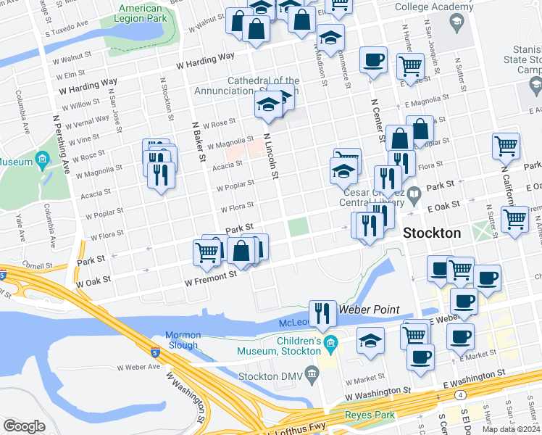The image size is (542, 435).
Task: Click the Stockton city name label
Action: coord(431,233)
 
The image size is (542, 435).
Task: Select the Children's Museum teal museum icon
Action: coord(331,342)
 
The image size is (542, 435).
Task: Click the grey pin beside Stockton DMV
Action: coord(312,374)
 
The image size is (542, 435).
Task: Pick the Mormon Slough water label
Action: coord(182,340)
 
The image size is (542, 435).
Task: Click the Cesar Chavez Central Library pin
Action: coord(413,193)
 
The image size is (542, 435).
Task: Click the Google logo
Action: coord(24,426)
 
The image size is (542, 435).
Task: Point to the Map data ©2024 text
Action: coord(512,429)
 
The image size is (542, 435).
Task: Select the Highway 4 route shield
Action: coord(461,395)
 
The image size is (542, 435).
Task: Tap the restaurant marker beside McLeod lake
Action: coord(322,312)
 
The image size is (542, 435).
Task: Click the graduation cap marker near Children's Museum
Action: coord(370,342)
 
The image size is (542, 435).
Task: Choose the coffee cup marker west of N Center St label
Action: coord(373,60)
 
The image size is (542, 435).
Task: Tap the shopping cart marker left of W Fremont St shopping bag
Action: coord(207,252)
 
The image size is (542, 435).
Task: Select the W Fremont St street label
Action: coord(211,275)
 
